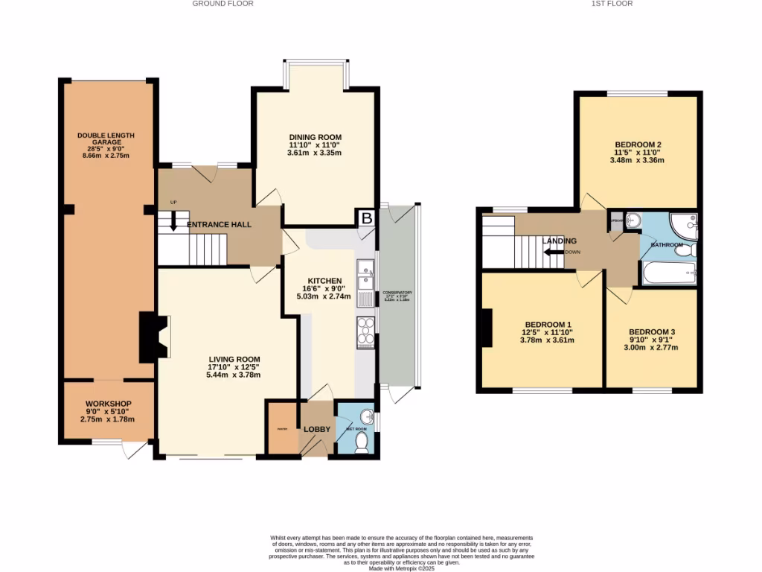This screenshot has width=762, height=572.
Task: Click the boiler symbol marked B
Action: (x=366, y=218)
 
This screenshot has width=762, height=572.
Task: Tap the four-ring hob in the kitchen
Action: (x=366, y=331)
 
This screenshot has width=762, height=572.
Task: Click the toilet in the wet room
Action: (x=362, y=442)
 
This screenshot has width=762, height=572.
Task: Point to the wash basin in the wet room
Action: (x=365, y=416)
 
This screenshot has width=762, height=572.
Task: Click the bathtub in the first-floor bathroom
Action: (x=669, y=272)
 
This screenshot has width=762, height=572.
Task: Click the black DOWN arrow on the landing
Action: (x=552, y=252)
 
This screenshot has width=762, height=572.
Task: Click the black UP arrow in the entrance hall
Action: (x=173, y=221)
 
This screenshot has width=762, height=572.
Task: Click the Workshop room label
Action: (x=108, y=404)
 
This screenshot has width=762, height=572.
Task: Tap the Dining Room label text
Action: (x=315, y=137)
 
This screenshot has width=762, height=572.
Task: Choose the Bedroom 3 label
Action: (x=652, y=331)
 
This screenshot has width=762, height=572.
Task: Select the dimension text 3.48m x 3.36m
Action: (x=637, y=160)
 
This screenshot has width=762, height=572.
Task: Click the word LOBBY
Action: (x=317, y=429)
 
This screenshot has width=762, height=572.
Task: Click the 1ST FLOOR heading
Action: (x=611, y=4)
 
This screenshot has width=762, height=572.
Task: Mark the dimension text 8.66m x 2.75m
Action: (x=106, y=156)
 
